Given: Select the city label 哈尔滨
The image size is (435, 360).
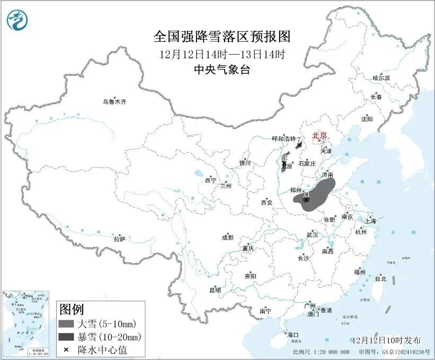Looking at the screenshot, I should point(380,78).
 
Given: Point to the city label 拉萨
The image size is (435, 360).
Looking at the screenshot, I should point(119,239).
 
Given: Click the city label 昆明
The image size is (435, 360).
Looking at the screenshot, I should point(215,290).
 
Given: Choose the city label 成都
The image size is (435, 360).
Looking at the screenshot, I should point(227,238).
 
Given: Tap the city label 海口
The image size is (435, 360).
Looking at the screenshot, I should point(293,335).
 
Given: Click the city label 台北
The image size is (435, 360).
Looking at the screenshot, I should point(380,278).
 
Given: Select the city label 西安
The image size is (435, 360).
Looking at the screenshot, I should point(267,203).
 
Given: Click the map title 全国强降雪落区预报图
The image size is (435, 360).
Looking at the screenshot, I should point(223,37).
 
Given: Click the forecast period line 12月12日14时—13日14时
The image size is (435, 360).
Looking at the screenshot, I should point(223,54).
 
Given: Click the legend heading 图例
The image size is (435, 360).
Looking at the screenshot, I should point(71,309).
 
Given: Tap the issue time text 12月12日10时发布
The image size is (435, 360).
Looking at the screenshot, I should point(386,340).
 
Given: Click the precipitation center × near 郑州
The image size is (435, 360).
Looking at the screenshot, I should point(306,199).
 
